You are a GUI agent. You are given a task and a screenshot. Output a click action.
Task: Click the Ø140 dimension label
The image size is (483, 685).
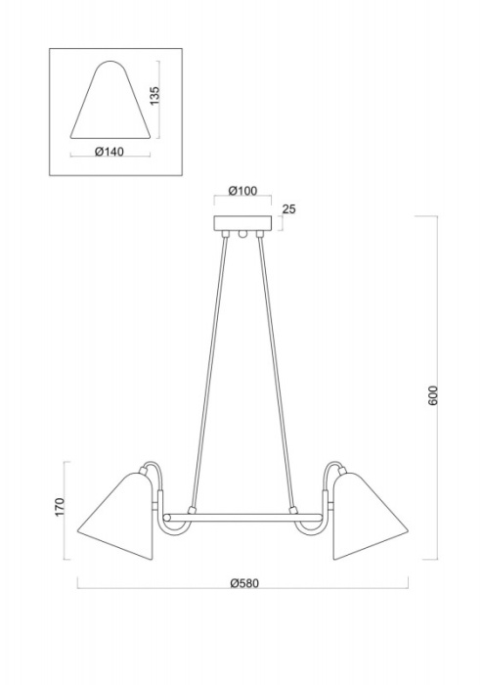tap(111, 152)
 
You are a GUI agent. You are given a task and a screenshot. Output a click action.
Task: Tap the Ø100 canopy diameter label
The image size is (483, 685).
tap(241, 192)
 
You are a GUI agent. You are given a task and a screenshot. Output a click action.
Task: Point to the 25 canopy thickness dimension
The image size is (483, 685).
tap(287, 209)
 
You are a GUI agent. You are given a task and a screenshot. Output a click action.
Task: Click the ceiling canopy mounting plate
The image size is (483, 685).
tap(241, 222)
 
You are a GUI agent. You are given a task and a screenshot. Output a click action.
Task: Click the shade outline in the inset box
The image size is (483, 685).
tap(111, 103)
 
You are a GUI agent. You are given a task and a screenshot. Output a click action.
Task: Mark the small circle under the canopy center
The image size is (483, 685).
tap(241, 235)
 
